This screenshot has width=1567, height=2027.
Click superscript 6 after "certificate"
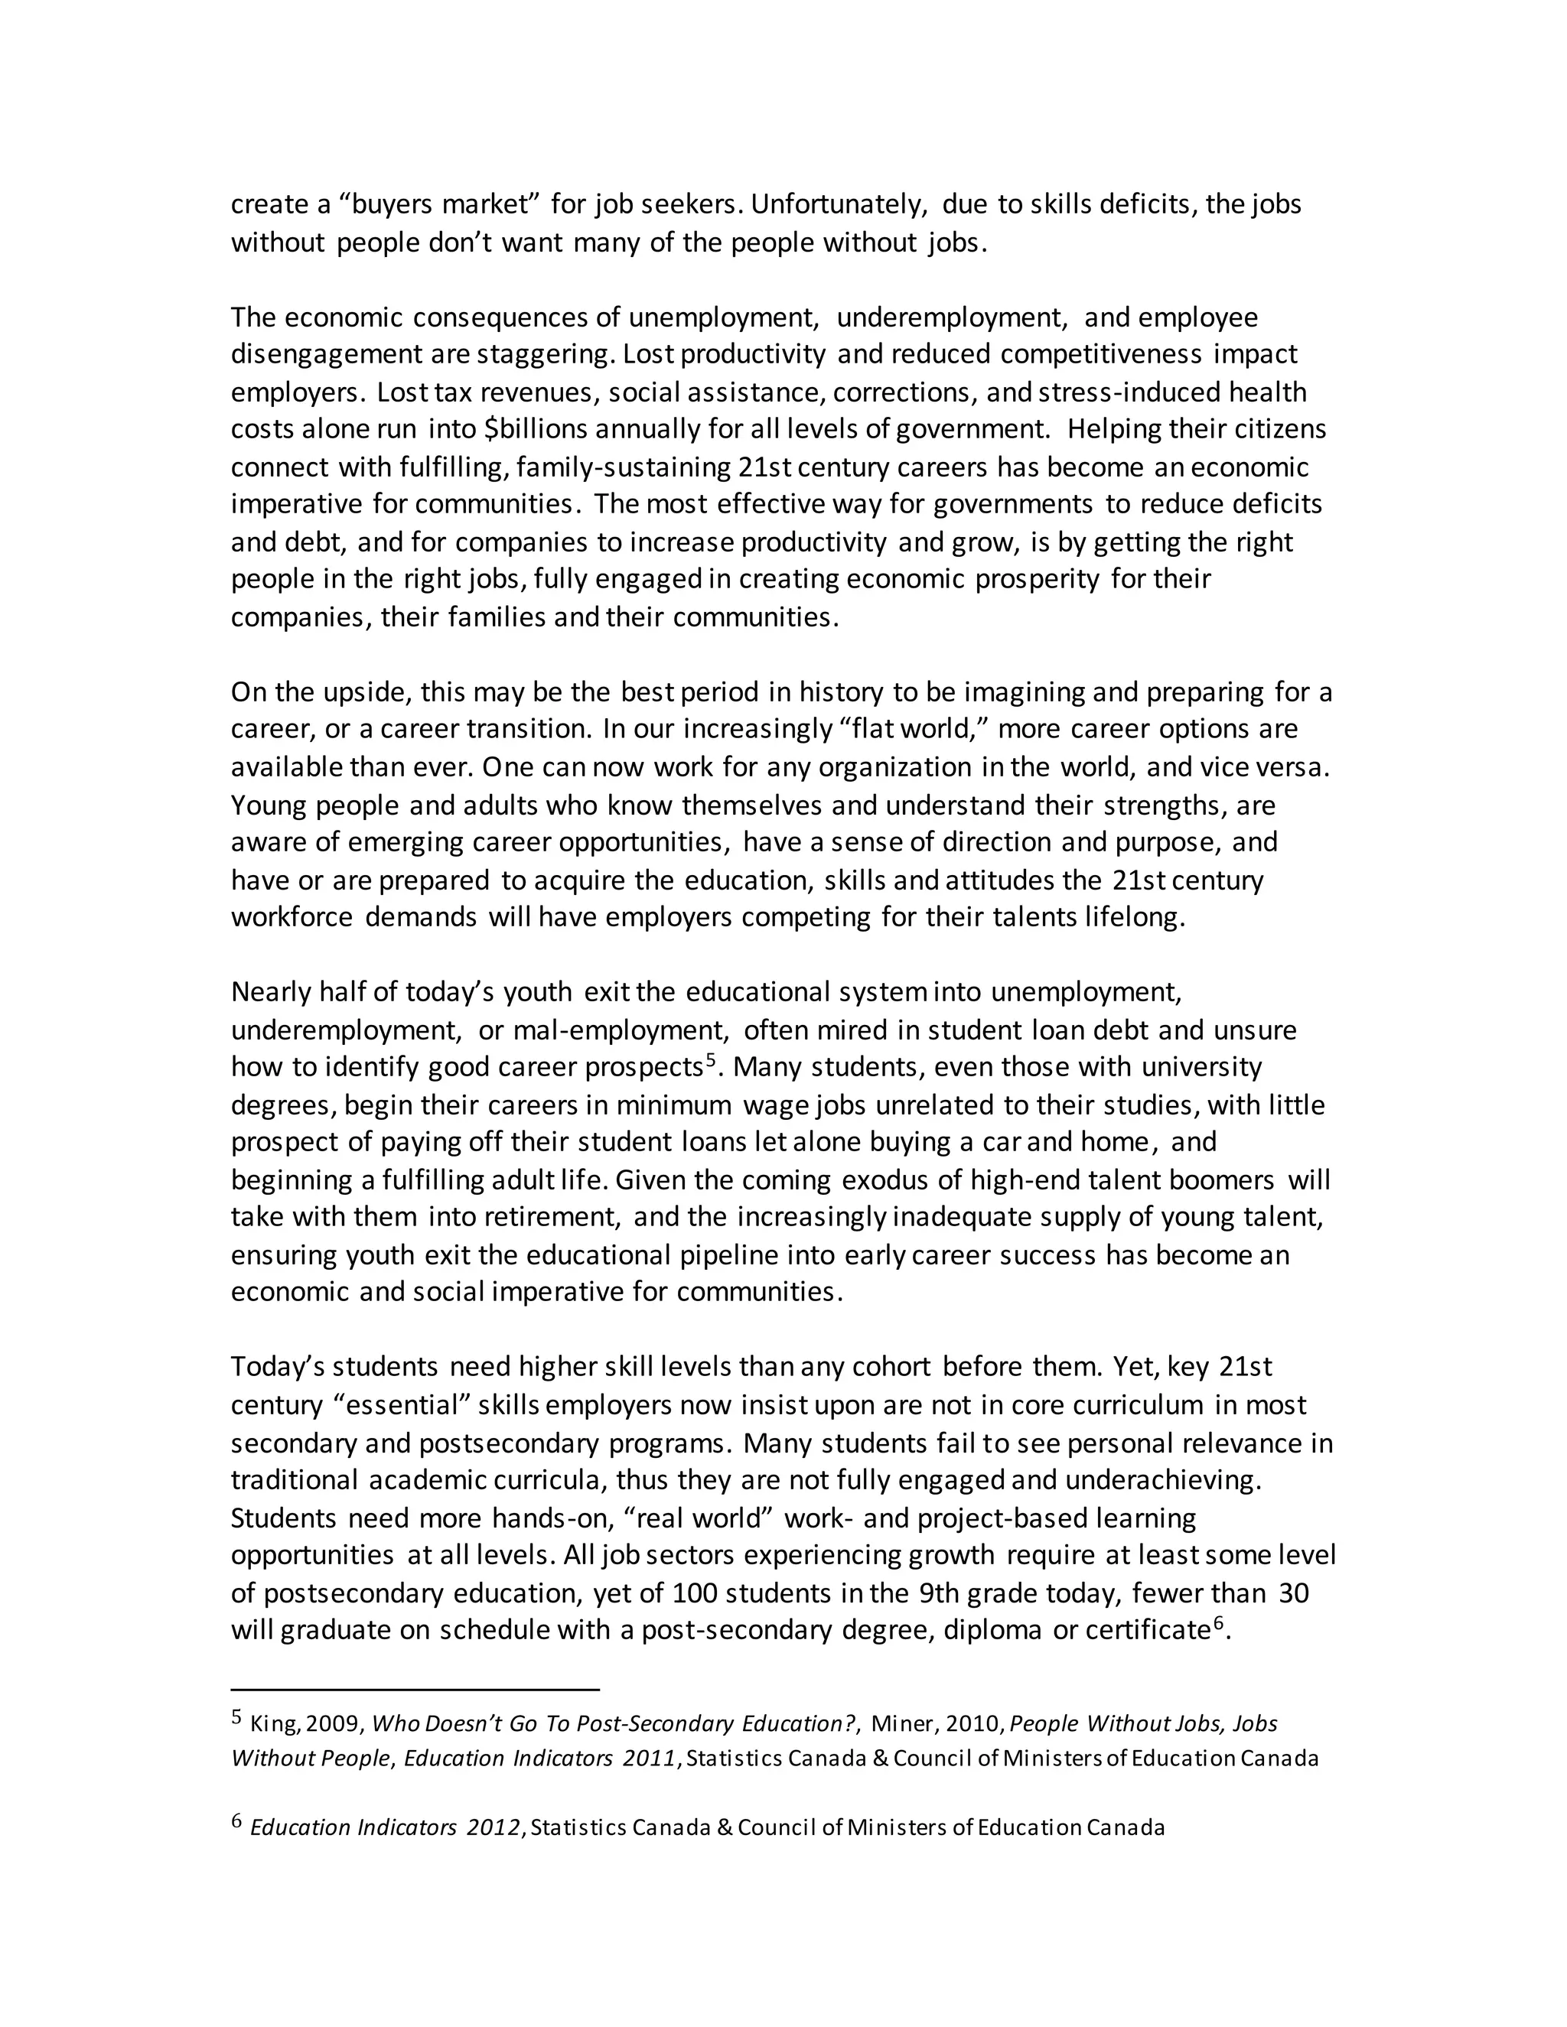pyautogui.click(x=1219, y=1624)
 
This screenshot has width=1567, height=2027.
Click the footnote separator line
pyautogui.click(x=415, y=1690)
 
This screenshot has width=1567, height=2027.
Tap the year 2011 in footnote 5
pyautogui.click(x=648, y=1759)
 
